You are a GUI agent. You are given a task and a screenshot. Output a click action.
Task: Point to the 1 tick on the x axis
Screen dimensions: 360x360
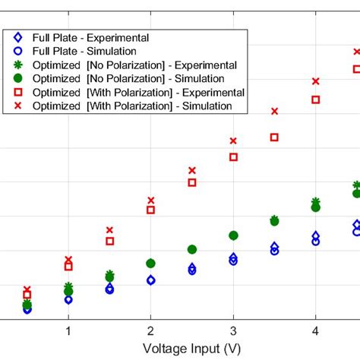[x=68, y=331]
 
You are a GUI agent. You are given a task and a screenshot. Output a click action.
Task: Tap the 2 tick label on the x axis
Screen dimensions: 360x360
[x=150, y=331]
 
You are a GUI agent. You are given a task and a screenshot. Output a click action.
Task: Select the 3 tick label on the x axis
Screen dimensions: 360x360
[x=233, y=331]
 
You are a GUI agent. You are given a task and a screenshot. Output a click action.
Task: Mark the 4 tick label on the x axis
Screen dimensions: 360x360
[x=315, y=331]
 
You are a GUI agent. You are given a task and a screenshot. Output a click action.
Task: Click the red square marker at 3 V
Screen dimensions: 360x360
[x=233, y=156]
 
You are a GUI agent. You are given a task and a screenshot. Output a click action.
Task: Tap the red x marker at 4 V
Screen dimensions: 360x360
[x=316, y=81]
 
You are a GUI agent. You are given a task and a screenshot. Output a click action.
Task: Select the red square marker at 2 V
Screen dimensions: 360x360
[x=150, y=210]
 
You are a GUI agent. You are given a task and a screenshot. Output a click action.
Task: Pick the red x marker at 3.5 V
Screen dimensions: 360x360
[x=275, y=111]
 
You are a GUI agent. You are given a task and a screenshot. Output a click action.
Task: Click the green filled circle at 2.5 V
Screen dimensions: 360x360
[x=192, y=249]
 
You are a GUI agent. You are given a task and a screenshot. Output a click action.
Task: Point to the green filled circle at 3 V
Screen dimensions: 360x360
[x=233, y=235]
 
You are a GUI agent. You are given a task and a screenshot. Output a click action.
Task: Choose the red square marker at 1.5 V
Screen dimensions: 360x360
[x=109, y=241]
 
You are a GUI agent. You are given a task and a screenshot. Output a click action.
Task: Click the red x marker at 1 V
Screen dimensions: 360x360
[x=68, y=259]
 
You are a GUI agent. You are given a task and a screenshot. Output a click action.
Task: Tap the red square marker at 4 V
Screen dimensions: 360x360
[x=316, y=99]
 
